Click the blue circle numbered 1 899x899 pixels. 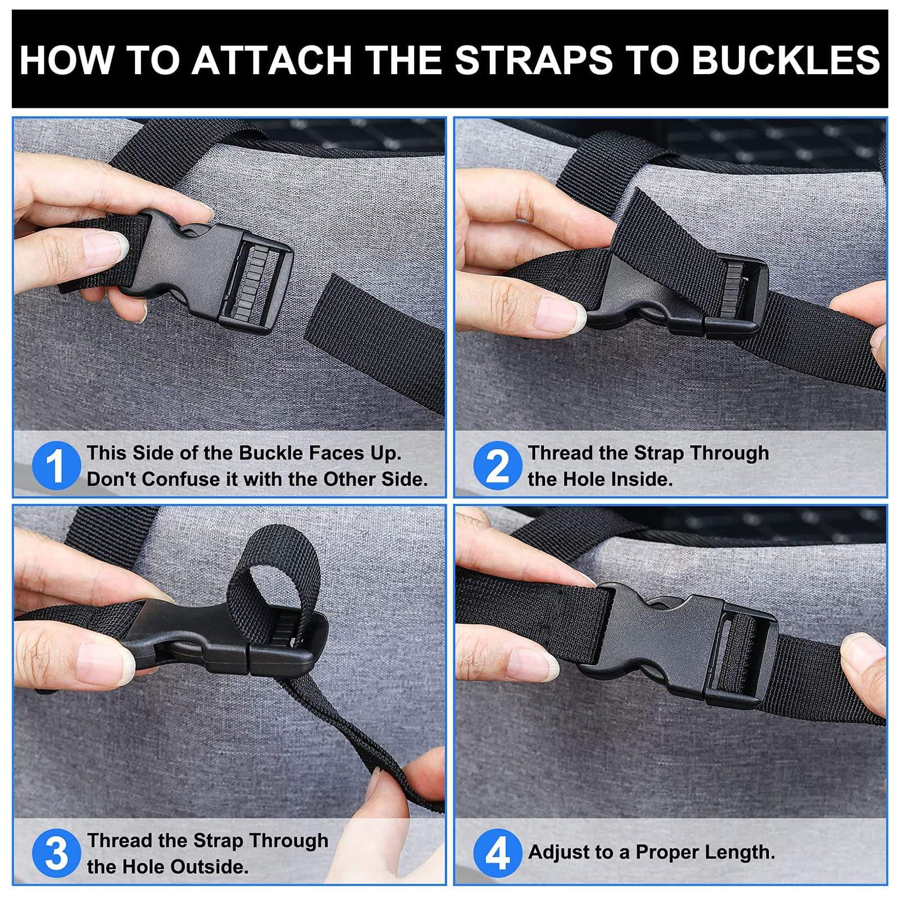coord(56,465)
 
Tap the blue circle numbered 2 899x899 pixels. coord(497,465)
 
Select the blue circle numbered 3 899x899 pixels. coord(56,853)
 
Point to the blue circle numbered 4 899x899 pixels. coord(497,853)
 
